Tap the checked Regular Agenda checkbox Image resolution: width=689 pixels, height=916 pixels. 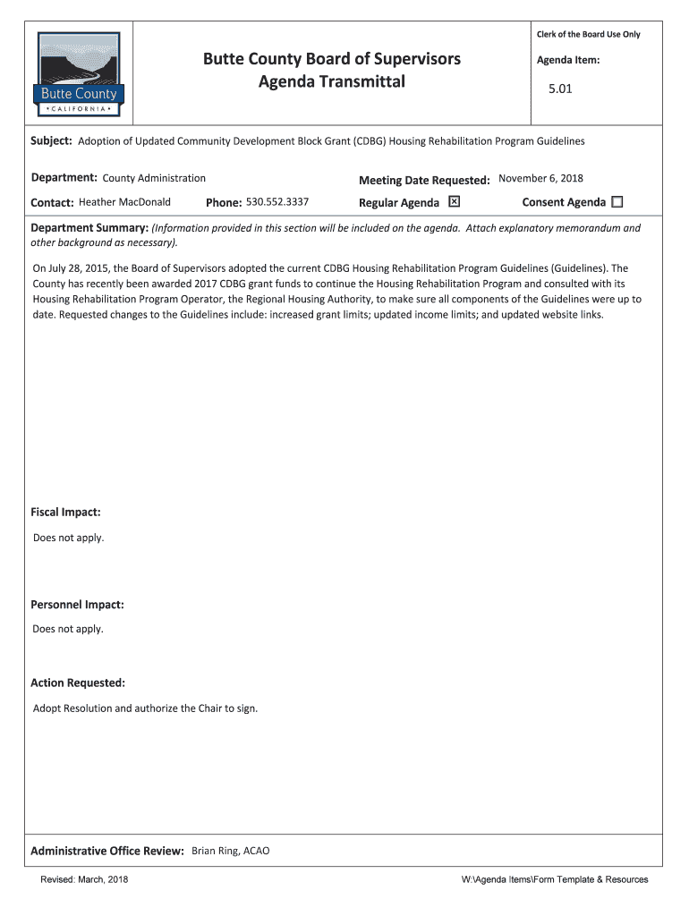pyautogui.click(x=454, y=201)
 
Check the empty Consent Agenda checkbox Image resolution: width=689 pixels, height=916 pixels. pyautogui.click(x=617, y=202)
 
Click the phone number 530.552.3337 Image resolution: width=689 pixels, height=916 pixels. pyautogui.click(x=277, y=202)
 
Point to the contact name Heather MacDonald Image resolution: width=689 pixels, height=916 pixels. pyautogui.click(x=124, y=202)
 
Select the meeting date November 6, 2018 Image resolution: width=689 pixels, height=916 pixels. pyautogui.click(x=540, y=178)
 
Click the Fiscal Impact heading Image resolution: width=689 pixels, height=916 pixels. pyautogui.click(x=65, y=513)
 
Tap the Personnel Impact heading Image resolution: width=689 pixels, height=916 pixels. pyautogui.click(x=77, y=605)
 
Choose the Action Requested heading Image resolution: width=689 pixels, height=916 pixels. pyautogui.click(x=78, y=683)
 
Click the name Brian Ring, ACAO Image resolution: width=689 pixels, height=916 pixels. pyautogui.click(x=230, y=851)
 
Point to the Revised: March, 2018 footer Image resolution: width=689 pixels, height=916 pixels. pyautogui.click(x=84, y=880)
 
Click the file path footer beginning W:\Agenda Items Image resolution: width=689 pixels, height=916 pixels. pyautogui.click(x=554, y=880)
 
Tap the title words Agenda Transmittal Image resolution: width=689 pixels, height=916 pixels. pyautogui.click(x=332, y=82)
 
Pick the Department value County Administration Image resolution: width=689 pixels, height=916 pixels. pyautogui.click(x=154, y=178)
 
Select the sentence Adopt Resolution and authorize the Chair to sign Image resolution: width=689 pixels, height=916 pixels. pyautogui.click(x=145, y=708)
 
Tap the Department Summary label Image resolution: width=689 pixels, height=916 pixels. pyautogui.click(x=89, y=228)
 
